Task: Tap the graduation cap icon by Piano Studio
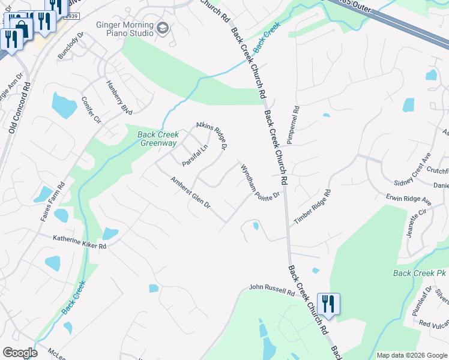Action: (163, 28)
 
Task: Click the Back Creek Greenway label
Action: (158, 139)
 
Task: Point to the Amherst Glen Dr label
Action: (190, 193)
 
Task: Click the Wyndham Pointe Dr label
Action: (261, 182)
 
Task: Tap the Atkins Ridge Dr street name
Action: (213, 136)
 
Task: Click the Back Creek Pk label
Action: (420, 273)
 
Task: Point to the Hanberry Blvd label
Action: (118, 97)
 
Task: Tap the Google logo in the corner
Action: (20, 353)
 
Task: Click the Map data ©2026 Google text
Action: (411, 355)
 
